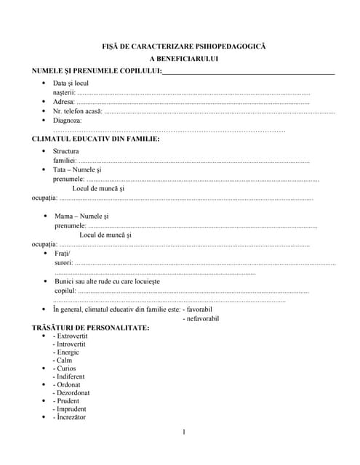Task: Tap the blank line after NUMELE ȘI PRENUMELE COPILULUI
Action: pyautogui.click(x=248, y=72)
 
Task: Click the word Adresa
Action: pyautogui.click(x=64, y=102)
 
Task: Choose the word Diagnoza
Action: pyautogui.click(x=68, y=121)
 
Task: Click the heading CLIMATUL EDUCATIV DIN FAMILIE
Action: pyautogui.click(x=96, y=138)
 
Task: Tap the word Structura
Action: pyautogui.click(x=66, y=151)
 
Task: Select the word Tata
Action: pyautogui.click(x=60, y=169)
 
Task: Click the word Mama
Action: pyautogui.click(x=63, y=217)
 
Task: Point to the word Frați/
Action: pyautogui.click(x=63, y=253)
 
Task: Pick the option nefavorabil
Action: pyautogui.click(x=201, y=318)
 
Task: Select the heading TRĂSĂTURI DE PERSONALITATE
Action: pyautogui.click(x=91, y=328)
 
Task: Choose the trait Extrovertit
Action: pyautogui.click(x=72, y=336)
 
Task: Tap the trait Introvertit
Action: pyautogui.click(x=71, y=344)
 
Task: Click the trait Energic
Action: pyautogui.click(x=68, y=352)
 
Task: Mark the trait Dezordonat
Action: pyautogui.click(x=71, y=393)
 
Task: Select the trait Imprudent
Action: pyautogui.click(x=71, y=409)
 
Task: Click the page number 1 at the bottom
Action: pyautogui.click(x=184, y=433)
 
